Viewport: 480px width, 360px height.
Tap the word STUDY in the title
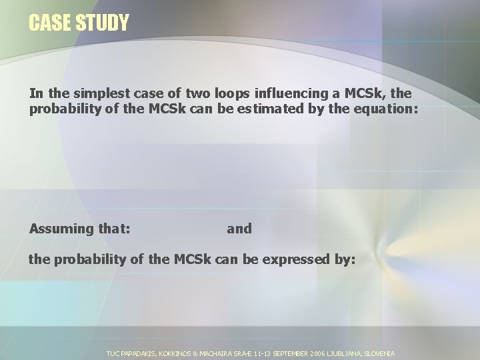click(101, 23)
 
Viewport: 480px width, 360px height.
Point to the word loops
click(223, 94)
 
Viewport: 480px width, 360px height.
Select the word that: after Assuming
click(113, 229)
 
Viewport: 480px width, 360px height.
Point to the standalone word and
click(239, 229)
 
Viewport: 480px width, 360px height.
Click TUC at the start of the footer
click(113, 353)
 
